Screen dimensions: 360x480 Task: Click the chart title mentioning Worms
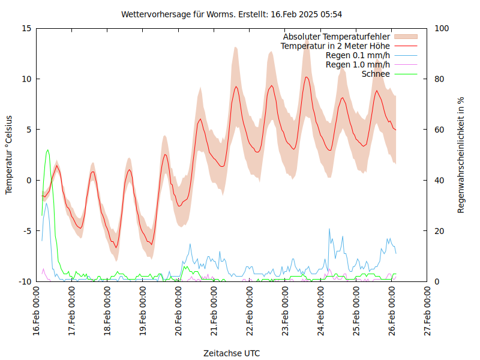(x=232, y=14)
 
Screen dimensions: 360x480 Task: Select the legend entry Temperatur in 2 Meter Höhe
(x=335, y=46)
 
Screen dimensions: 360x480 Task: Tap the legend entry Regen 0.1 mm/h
(x=358, y=55)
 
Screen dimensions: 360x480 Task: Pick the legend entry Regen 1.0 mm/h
(x=358, y=65)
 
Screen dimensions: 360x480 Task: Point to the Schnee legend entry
(x=376, y=74)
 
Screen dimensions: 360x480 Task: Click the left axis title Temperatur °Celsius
(x=9, y=155)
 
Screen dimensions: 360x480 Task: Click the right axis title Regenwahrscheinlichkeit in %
(x=461, y=155)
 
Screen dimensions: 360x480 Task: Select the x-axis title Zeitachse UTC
(x=232, y=353)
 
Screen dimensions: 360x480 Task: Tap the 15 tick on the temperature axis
(x=26, y=28)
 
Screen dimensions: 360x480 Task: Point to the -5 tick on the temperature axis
(x=26, y=231)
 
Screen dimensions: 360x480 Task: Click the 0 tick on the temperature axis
(x=28, y=180)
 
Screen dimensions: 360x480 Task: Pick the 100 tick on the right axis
(x=442, y=28)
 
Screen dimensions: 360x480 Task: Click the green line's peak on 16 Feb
(x=47, y=150)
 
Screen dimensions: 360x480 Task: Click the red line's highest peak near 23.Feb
(x=306, y=77)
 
